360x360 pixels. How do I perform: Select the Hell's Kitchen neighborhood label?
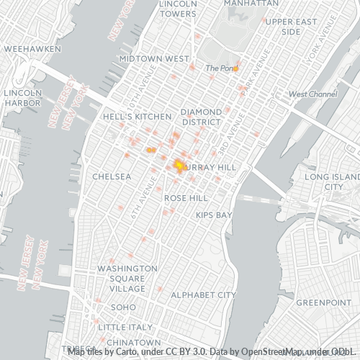click(x=137, y=116)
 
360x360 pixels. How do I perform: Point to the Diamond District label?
click(x=201, y=117)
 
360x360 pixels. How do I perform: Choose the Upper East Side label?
click(x=290, y=27)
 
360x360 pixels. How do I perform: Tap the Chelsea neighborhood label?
click(x=112, y=176)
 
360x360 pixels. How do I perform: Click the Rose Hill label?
click(x=186, y=197)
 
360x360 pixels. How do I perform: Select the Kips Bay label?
click(x=214, y=215)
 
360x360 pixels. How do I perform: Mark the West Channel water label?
click(x=312, y=94)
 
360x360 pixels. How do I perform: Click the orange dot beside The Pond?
click(x=235, y=68)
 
